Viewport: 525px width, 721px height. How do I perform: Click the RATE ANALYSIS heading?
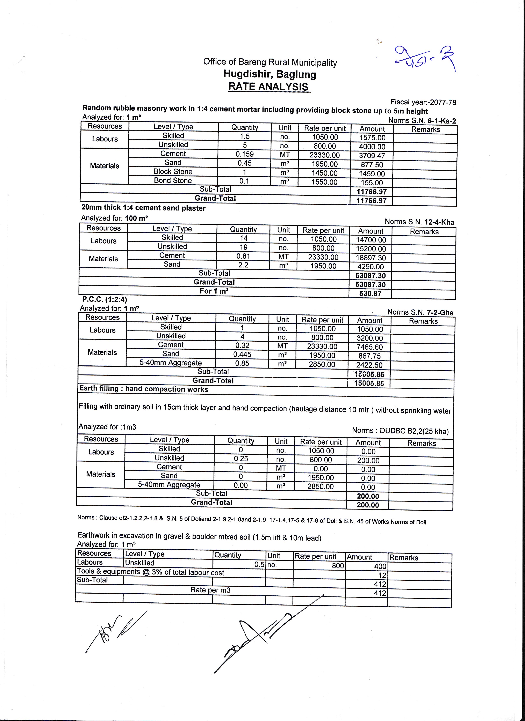pyautogui.click(x=269, y=87)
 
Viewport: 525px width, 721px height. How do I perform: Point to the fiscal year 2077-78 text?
pyautogui.click(x=423, y=102)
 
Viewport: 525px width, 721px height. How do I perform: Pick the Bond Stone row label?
pyautogui.click(x=173, y=181)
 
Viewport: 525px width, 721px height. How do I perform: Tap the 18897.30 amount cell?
pyautogui.click(x=370, y=258)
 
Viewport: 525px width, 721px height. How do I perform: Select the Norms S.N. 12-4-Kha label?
pyautogui.click(x=419, y=222)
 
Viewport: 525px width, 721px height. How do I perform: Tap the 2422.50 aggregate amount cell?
pyautogui.click(x=369, y=365)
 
